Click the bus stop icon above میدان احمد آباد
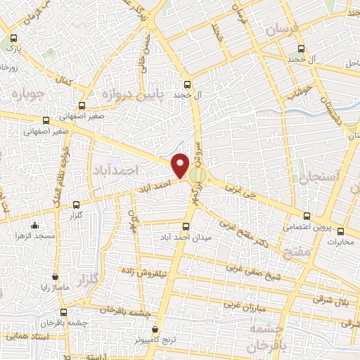[186, 226]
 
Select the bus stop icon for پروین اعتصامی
[306, 216]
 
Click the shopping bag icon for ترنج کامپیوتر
[155, 329]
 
